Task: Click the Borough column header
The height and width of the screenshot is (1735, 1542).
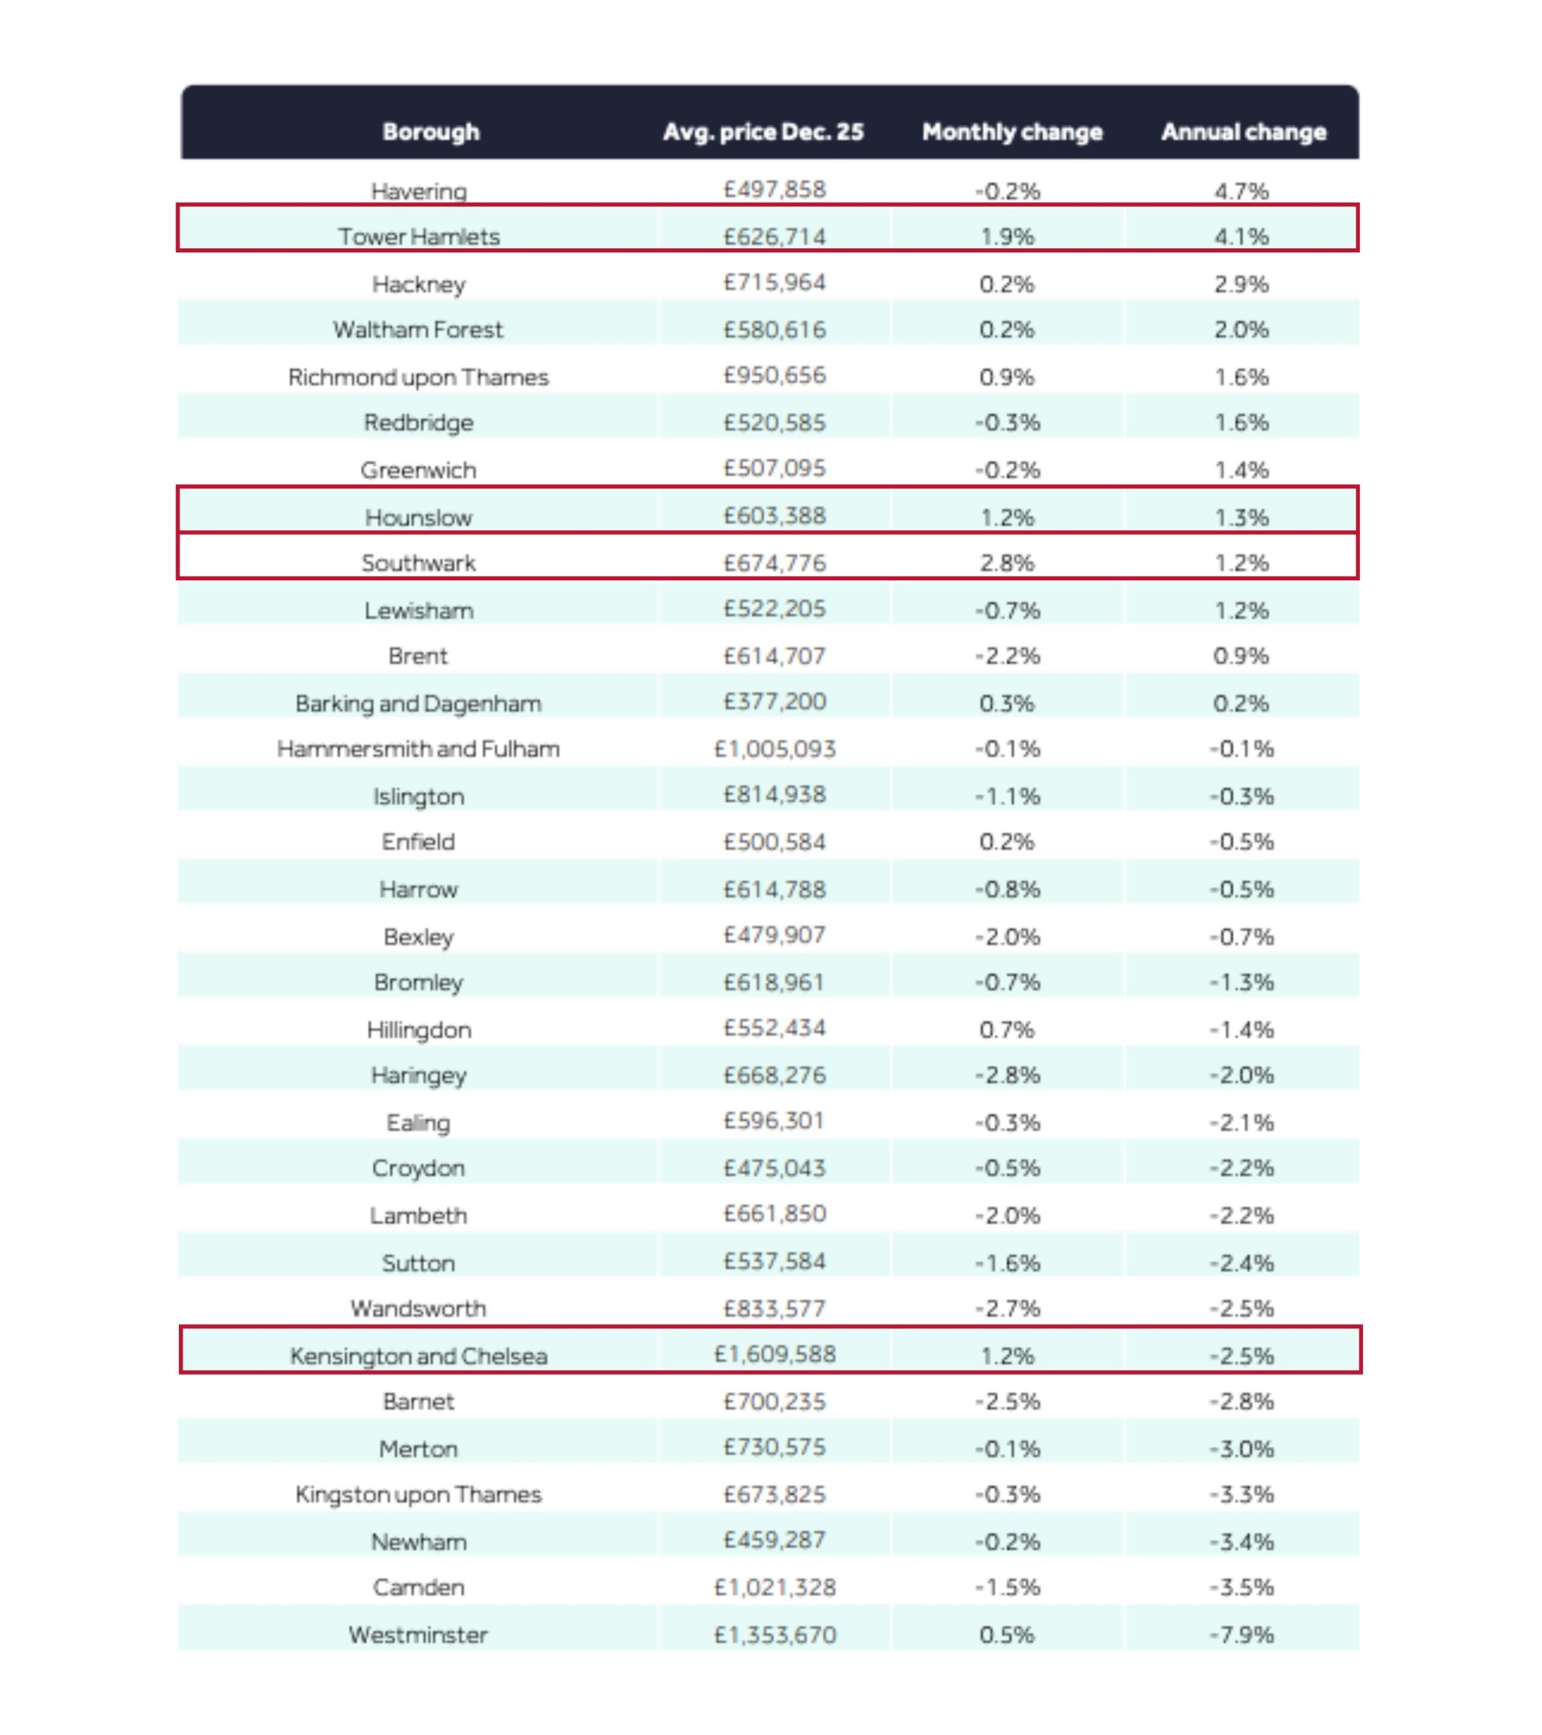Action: pyautogui.click(x=430, y=132)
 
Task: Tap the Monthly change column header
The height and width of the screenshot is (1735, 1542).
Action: pyautogui.click(x=1011, y=132)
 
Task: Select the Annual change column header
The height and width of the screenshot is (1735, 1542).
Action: pyautogui.click(x=1243, y=132)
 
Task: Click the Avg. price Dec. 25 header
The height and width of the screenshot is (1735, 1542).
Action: pyautogui.click(x=763, y=132)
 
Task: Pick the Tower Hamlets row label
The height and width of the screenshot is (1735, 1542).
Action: pyautogui.click(x=419, y=237)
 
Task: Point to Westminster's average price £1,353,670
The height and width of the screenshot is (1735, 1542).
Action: pyautogui.click(x=775, y=1634)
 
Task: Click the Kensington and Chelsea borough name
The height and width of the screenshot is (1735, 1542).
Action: pyautogui.click(x=419, y=1356)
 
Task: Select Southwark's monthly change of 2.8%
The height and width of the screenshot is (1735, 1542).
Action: pyautogui.click(x=1007, y=563)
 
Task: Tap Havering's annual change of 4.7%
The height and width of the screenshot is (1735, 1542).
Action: pyautogui.click(x=1242, y=191)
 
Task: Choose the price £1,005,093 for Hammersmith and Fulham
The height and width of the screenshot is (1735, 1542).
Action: pyautogui.click(x=775, y=748)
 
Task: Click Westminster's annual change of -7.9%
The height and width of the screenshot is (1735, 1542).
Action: pyautogui.click(x=1242, y=1634)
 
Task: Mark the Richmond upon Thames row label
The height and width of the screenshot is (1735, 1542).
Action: pyautogui.click(x=419, y=377)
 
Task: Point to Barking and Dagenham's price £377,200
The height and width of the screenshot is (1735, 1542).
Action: pyautogui.click(x=775, y=702)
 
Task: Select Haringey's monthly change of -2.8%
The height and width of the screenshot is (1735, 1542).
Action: pyautogui.click(x=1007, y=1075)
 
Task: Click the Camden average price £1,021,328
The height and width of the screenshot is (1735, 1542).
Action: pyautogui.click(x=775, y=1587)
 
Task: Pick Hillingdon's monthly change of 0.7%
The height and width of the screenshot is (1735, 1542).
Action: pyautogui.click(x=1007, y=1030)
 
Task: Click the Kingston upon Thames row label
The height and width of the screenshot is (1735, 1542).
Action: pyautogui.click(x=419, y=1494)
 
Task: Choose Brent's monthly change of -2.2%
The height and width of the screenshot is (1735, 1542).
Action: pyautogui.click(x=1007, y=655)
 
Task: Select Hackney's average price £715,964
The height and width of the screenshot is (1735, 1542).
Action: pyautogui.click(x=775, y=282)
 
